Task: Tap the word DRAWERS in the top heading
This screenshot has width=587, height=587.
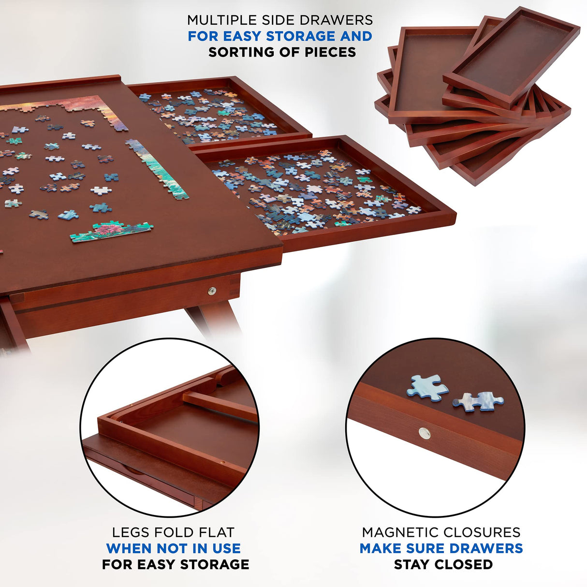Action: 343,20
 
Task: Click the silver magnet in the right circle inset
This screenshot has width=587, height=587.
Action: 425,433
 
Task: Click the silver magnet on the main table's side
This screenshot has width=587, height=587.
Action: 212,291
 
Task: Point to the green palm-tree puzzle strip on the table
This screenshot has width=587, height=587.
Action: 111,231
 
